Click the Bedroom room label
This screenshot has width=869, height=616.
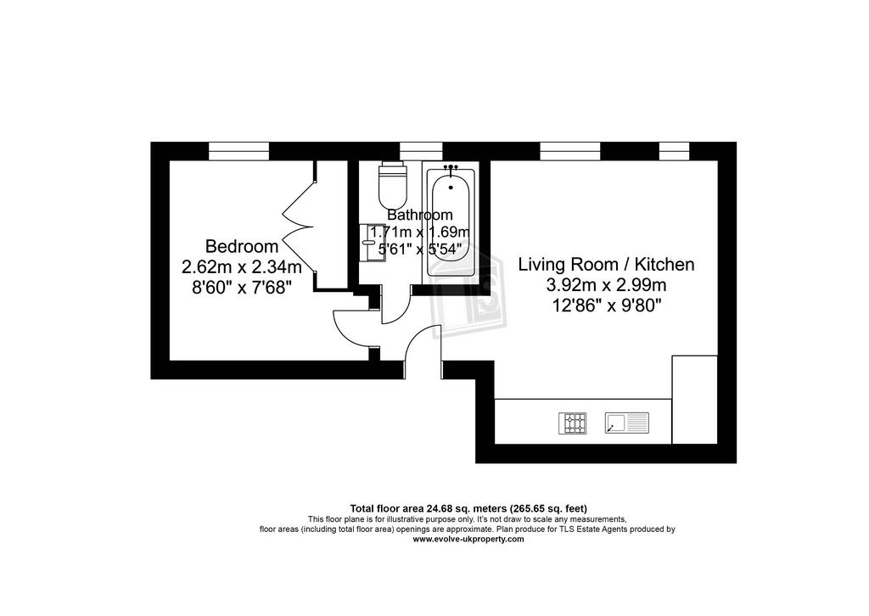(x=242, y=246)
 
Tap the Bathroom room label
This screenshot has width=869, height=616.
(x=419, y=215)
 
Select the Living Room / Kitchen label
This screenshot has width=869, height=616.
(x=606, y=264)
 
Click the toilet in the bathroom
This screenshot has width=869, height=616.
(x=393, y=184)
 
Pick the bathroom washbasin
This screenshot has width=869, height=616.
(x=368, y=242)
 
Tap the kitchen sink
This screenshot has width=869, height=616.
(x=627, y=423)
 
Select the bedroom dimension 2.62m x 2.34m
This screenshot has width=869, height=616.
(x=242, y=267)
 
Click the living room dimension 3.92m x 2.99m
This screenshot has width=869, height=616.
(x=606, y=285)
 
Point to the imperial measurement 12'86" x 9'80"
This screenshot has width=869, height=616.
(x=606, y=305)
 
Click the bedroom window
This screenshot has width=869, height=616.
(x=238, y=151)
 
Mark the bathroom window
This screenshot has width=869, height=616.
(x=421, y=151)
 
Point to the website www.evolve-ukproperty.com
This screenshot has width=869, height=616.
(x=468, y=539)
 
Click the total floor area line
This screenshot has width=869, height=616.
(x=468, y=508)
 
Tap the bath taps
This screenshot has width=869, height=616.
(x=451, y=166)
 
